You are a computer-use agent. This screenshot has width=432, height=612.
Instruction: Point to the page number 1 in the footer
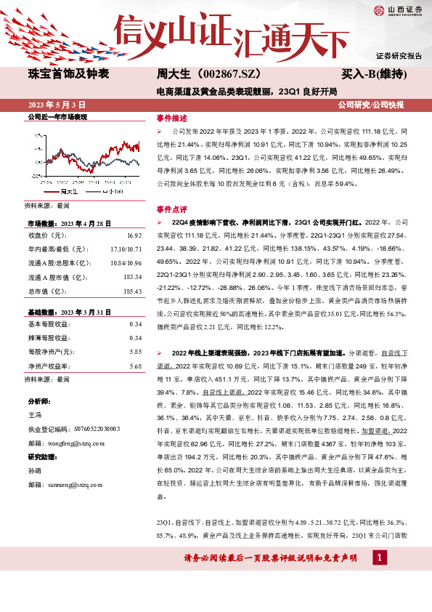click(x=377, y=578)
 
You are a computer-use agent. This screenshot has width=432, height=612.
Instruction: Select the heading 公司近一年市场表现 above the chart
click(x=57, y=117)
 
